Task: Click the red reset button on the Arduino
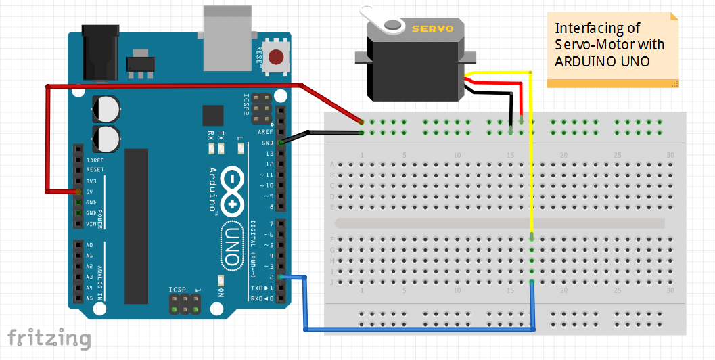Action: coord(276,58)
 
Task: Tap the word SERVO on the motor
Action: coord(428,28)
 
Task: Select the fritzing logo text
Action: coord(49,338)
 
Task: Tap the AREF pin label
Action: coord(265,132)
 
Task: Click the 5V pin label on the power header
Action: coord(90,192)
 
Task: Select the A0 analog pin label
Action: coord(90,245)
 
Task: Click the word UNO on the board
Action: coord(231,248)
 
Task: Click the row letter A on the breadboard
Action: coord(331,164)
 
